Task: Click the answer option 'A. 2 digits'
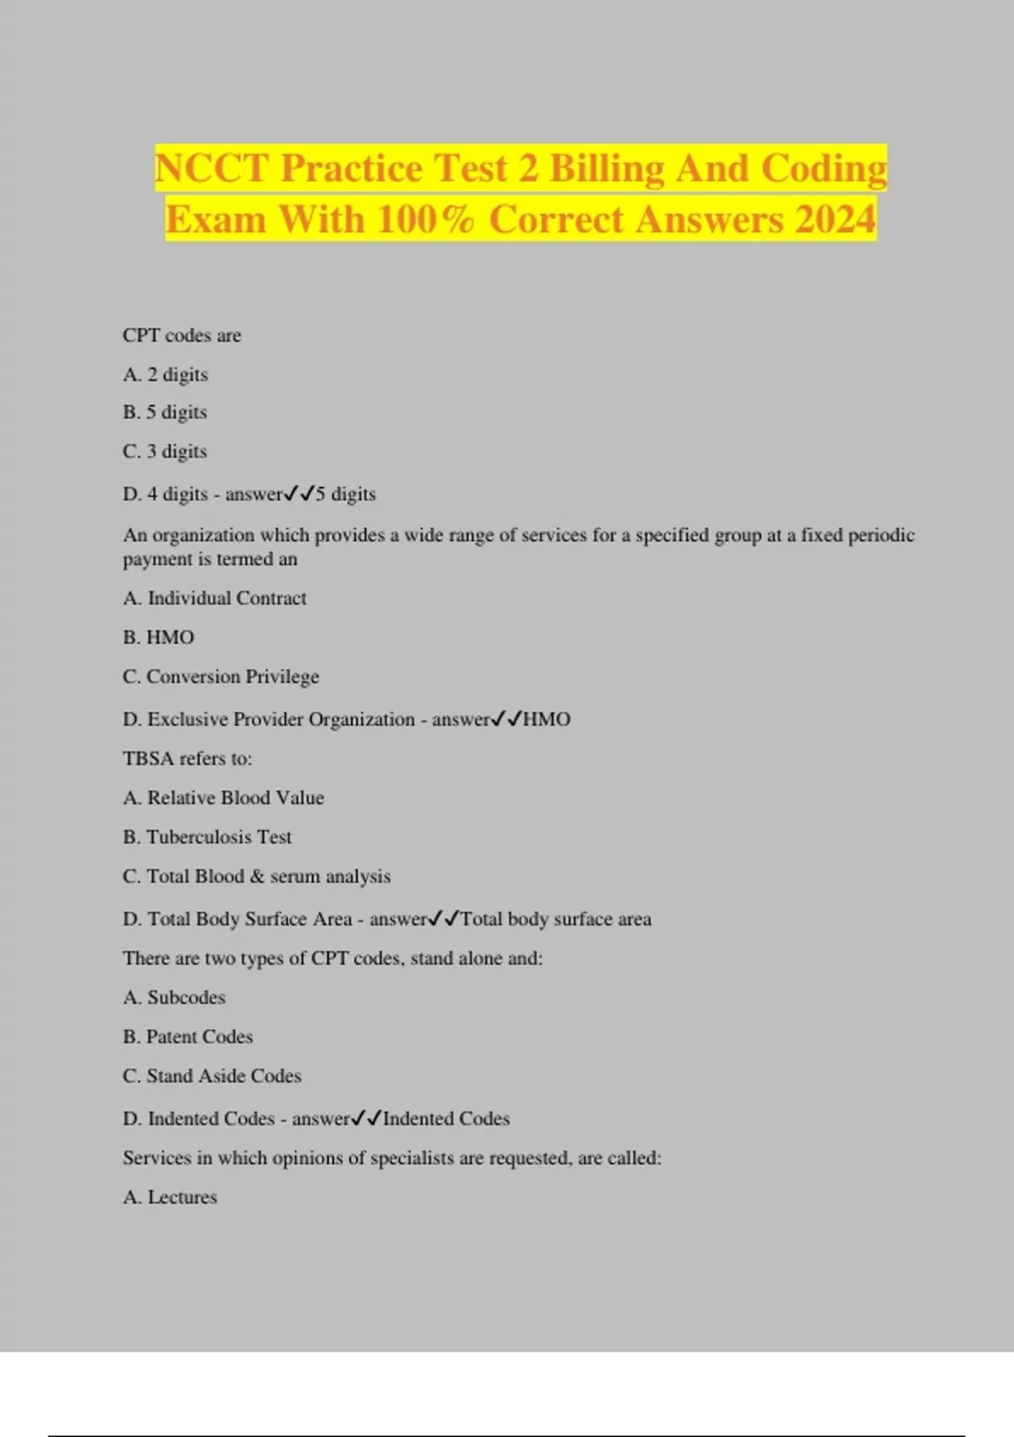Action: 166,374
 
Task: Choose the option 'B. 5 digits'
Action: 165,413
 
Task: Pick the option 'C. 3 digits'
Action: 165,451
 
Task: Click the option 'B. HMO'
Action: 159,637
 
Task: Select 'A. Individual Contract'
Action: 215,598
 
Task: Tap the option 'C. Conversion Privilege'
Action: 221,677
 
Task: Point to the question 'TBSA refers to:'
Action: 188,758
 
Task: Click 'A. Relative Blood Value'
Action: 223,798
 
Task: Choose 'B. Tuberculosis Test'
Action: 207,837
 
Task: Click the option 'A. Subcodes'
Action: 174,997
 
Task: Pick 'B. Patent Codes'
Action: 188,1037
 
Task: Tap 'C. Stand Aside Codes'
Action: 212,1076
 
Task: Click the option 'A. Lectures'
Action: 170,1197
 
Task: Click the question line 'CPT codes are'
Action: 182,336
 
